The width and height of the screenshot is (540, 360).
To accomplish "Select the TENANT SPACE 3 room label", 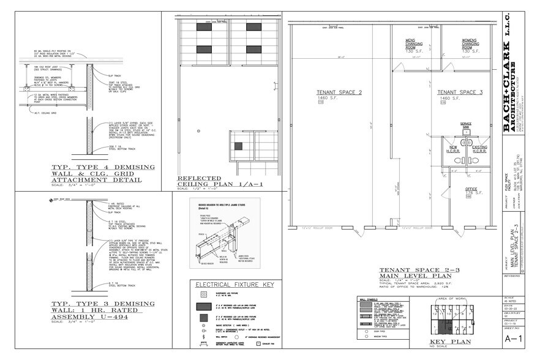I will pos(460,92).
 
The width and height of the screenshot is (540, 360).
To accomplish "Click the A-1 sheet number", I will pos(513,337).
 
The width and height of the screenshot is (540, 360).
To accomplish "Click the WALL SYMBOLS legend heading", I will pos(367,301).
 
